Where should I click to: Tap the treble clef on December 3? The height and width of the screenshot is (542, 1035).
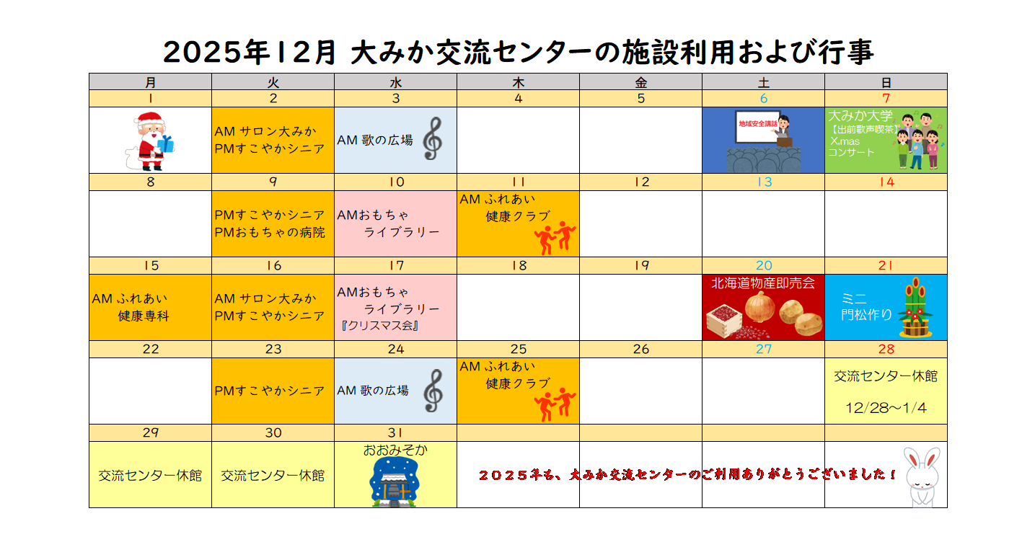pyautogui.click(x=433, y=138)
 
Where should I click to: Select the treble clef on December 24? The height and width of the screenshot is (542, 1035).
pyautogui.click(x=433, y=390)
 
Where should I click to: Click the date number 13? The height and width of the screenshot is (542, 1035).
pyautogui.click(x=765, y=182)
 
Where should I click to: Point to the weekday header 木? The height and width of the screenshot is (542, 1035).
pyautogui.click(x=518, y=83)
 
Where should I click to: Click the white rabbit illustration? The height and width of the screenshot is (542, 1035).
pyautogui.click(x=922, y=476)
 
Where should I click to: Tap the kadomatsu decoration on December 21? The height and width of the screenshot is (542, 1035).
pyautogui.click(x=915, y=307)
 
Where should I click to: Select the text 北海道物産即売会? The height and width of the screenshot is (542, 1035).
pyautogui.click(x=763, y=283)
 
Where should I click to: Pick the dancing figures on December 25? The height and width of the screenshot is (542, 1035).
pyautogui.click(x=555, y=405)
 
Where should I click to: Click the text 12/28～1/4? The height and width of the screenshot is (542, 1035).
pyautogui.click(x=886, y=408)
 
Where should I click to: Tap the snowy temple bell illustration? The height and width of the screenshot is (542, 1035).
pyautogui.click(x=394, y=482)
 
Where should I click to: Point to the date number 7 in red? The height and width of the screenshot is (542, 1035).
pyautogui.click(x=886, y=98)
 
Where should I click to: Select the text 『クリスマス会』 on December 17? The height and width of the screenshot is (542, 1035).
pyautogui.click(x=380, y=326)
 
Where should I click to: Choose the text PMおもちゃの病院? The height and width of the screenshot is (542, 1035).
pyautogui.click(x=270, y=232)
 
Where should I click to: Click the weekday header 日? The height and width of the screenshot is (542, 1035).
pyautogui.click(x=886, y=83)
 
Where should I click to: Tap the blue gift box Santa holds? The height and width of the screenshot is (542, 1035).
pyautogui.click(x=165, y=144)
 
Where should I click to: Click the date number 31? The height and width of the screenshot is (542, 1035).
pyautogui.click(x=395, y=433)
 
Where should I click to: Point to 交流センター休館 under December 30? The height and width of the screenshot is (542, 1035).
pyautogui.click(x=273, y=476)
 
